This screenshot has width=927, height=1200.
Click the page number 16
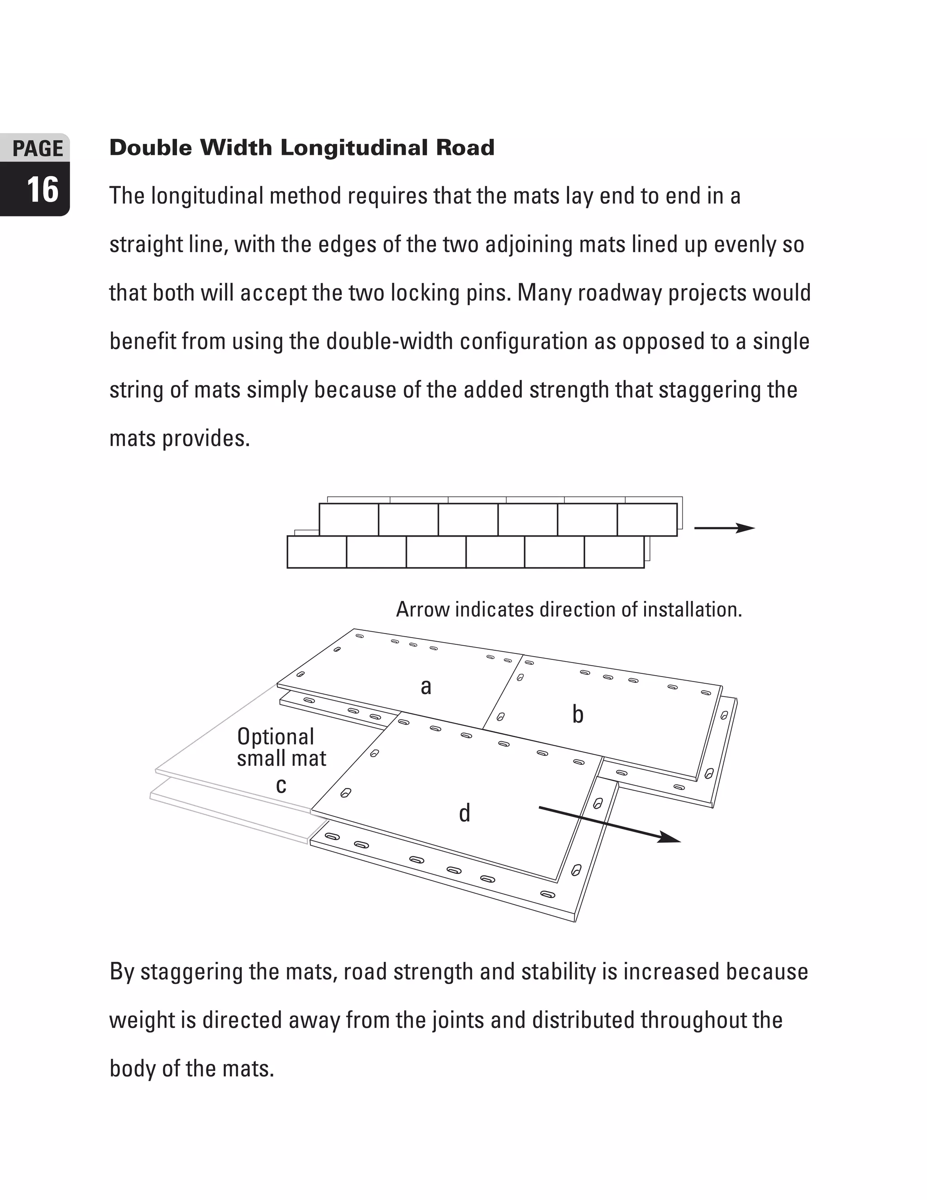(x=42, y=190)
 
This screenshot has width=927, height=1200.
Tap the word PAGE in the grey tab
(x=38, y=149)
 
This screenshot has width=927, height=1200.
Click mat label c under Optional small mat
(x=281, y=786)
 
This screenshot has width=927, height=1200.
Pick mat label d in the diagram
(x=464, y=813)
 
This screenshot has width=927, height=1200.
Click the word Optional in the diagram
(x=275, y=737)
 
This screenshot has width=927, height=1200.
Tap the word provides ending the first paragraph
(x=206, y=438)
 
